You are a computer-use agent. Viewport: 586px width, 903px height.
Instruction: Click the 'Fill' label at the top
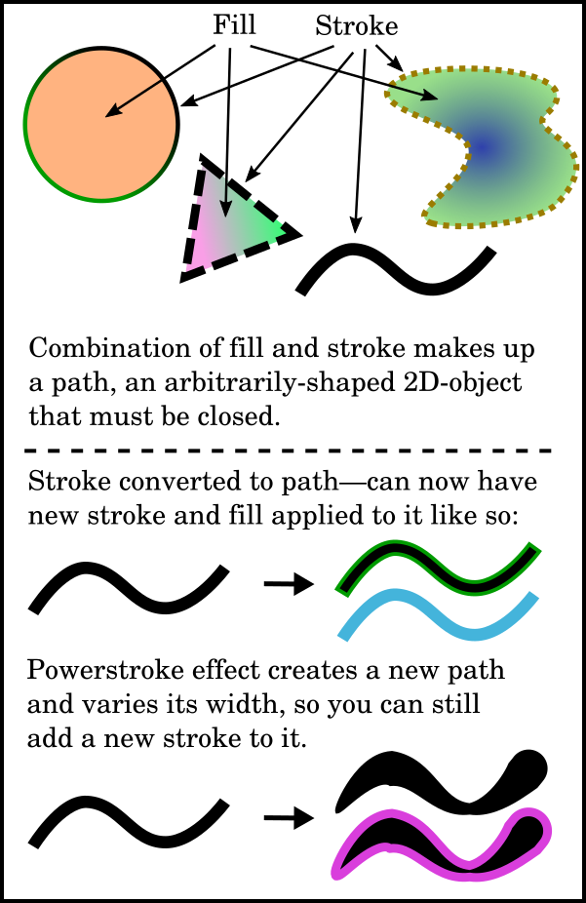coord(234,26)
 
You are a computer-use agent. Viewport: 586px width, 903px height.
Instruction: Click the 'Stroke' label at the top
coord(356,27)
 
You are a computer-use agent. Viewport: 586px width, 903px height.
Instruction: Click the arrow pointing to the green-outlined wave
coord(288,584)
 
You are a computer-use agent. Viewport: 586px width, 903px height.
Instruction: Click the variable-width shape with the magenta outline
coord(439,848)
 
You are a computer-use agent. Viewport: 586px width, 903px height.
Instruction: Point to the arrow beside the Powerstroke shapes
coord(288,818)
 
